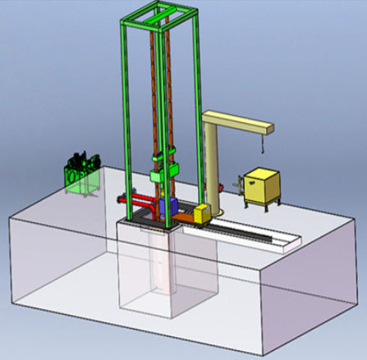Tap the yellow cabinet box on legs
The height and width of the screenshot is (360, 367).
261,186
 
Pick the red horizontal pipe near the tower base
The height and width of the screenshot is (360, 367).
137,199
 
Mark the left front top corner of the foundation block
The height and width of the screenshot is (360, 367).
8,216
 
